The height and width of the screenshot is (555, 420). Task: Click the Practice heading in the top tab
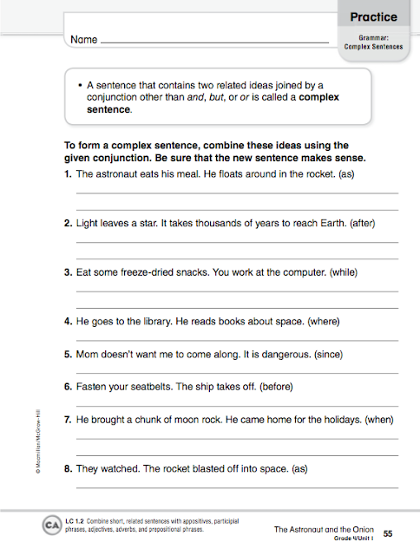(373, 16)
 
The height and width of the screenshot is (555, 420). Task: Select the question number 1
(69, 174)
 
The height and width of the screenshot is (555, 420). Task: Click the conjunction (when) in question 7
(379, 420)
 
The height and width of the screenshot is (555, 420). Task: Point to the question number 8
(69, 468)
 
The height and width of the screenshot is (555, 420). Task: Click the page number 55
(388, 532)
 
